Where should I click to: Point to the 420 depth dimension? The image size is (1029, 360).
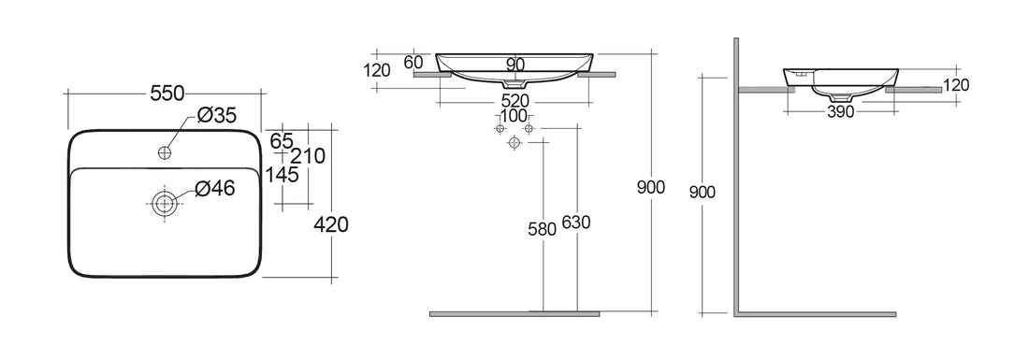point(332,224)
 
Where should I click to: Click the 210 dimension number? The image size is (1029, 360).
point(308,156)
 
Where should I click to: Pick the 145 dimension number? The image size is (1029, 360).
point(282,175)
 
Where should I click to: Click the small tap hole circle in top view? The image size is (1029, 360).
point(167,151)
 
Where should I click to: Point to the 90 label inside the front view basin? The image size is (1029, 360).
point(514,65)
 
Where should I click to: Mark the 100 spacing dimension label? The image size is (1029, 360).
point(513,115)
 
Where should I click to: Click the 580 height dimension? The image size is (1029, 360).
point(543,228)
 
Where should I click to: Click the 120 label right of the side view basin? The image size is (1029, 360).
point(956,85)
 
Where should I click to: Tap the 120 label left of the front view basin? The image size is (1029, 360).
point(378,69)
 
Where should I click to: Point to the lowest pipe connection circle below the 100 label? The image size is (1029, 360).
point(513,143)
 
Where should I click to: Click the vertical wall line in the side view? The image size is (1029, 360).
point(737,178)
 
